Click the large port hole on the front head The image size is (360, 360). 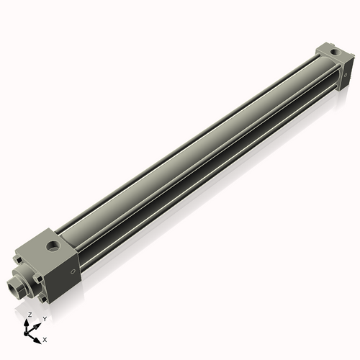pyautogui.click(x=53, y=249)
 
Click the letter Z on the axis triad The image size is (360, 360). pyautogui.click(x=30, y=315)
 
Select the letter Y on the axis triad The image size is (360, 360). pyautogui.click(x=45, y=318)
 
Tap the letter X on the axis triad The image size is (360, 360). pyautogui.click(x=45, y=338)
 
